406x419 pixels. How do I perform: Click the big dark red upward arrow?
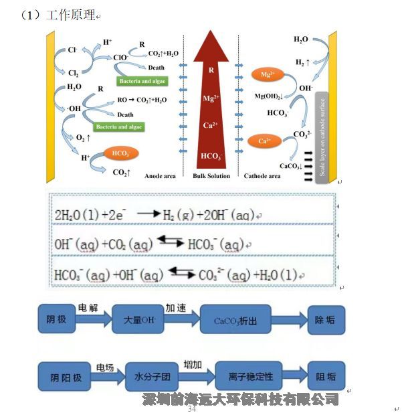tap(211, 100)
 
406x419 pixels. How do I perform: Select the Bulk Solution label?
tap(211, 176)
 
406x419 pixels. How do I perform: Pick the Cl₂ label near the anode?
tap(74, 74)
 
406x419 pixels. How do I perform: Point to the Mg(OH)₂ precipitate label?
tap(268, 96)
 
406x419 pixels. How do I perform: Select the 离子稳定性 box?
tap(245, 376)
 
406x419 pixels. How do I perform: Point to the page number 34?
tap(192, 408)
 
